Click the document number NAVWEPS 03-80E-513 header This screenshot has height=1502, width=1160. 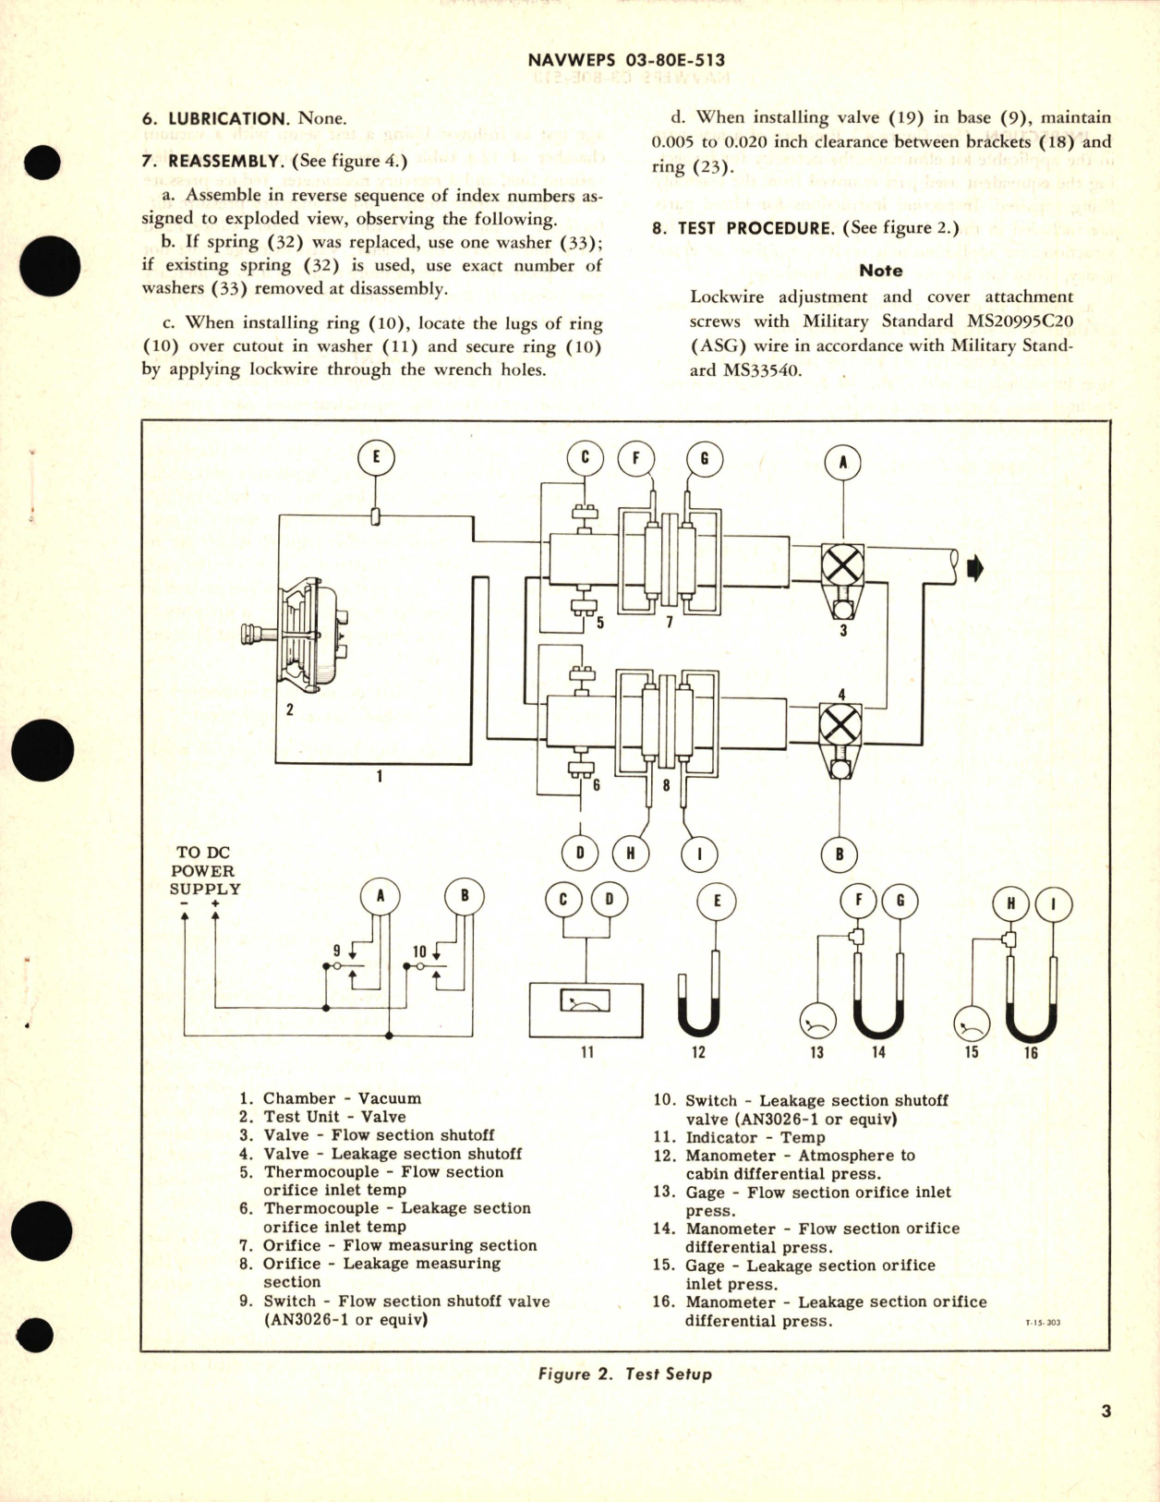pyautogui.click(x=625, y=60)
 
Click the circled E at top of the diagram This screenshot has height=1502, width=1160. pyautogui.click(x=376, y=459)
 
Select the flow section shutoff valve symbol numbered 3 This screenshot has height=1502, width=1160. pyautogui.click(x=842, y=564)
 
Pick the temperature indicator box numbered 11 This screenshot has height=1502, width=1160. pyautogui.click(x=586, y=1010)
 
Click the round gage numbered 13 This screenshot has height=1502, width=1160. pyautogui.click(x=816, y=1021)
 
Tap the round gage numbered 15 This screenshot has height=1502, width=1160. pyautogui.click(x=971, y=1023)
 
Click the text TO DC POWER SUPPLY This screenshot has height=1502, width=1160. pyautogui.click(x=204, y=870)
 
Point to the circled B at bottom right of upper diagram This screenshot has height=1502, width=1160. pyautogui.click(x=839, y=854)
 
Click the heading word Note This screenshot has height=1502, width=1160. pyautogui.click(x=880, y=271)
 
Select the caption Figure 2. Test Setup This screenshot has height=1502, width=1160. pyautogui.click(x=624, y=1374)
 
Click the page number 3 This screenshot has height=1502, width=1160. pyautogui.click(x=1106, y=1411)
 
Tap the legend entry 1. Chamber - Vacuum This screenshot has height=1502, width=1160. pyautogui.click(x=330, y=1098)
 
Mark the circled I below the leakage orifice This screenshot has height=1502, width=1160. pyautogui.click(x=698, y=854)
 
